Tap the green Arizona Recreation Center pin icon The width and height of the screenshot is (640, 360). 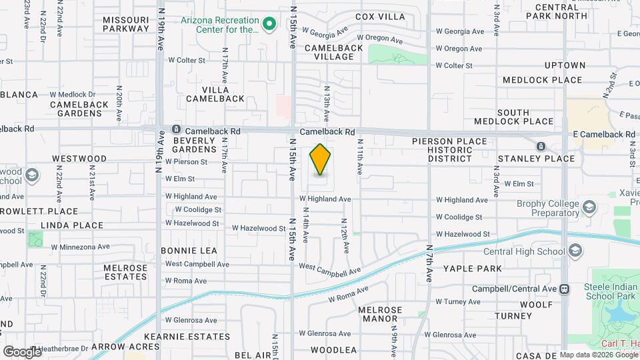[x=269, y=25]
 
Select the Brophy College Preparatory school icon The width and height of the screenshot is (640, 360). [x=589, y=208]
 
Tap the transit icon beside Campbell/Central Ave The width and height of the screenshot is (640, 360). [x=565, y=289]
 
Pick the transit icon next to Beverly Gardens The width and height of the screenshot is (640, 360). [x=176, y=129]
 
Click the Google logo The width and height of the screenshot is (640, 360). [x=22, y=351]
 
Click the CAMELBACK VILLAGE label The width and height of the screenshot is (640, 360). [x=334, y=52]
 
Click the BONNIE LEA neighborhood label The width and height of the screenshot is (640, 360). [x=189, y=251]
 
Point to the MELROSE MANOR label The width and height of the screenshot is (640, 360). [x=380, y=315]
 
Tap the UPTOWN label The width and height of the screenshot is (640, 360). [x=565, y=65]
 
